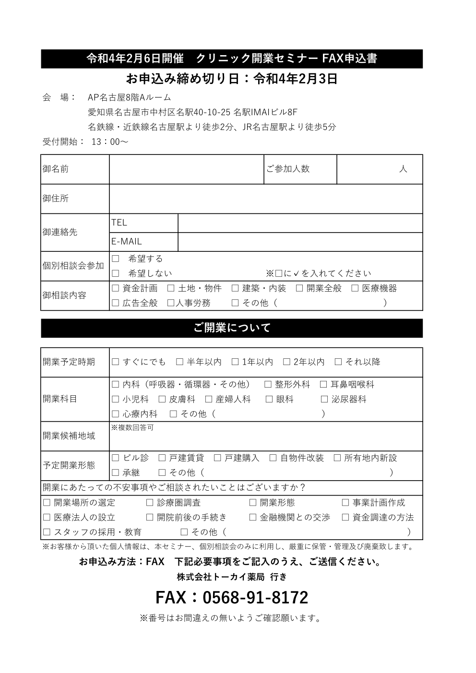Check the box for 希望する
[115, 259]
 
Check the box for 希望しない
[115, 274]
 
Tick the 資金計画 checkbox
[115, 289]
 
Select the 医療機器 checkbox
[355, 289]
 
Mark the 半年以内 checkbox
[179, 362]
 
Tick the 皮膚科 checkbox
[162, 400]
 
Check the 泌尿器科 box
[324, 400]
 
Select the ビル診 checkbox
[115, 459]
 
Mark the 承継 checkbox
[115, 473]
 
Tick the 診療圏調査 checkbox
[150, 503]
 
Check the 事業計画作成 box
[345, 503]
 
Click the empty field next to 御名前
[186, 169]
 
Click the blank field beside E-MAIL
[300, 242]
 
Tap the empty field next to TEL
[300, 223]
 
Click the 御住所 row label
[56, 198]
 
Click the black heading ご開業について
[232, 328]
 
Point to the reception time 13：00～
[109, 142]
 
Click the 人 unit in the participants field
[403, 169]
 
